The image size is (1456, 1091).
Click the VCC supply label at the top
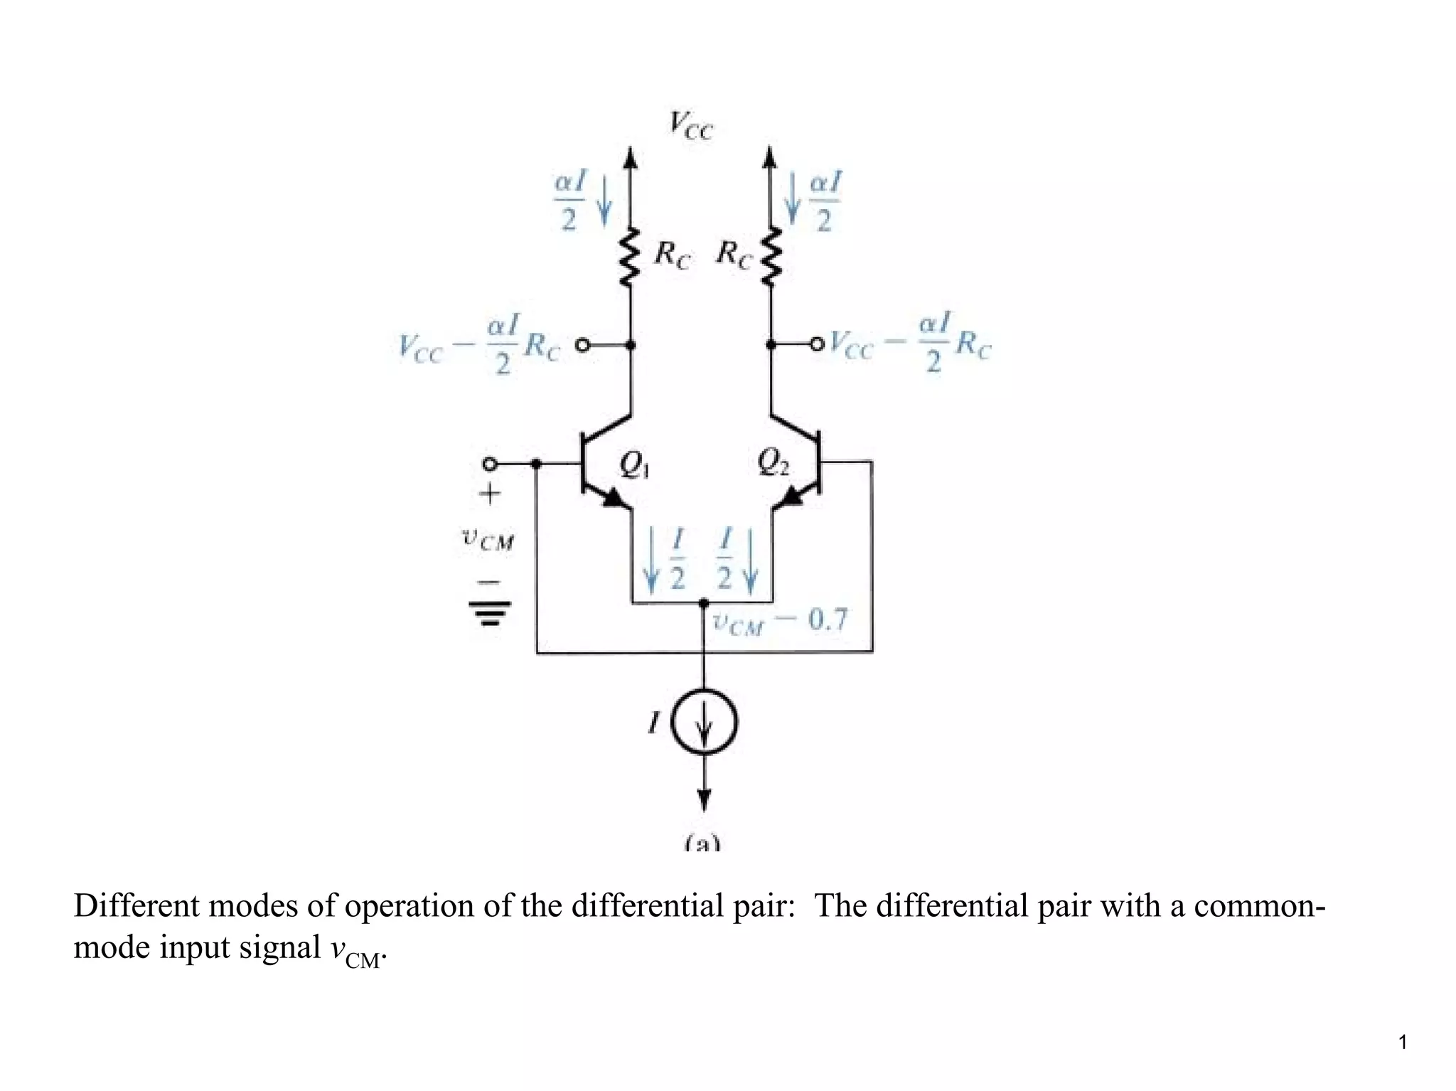click(x=690, y=126)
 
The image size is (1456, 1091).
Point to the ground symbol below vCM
click(x=489, y=612)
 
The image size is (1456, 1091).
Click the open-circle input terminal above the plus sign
click(x=489, y=464)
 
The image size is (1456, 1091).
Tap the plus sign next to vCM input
click(x=489, y=494)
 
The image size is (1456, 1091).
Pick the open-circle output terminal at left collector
click(x=582, y=346)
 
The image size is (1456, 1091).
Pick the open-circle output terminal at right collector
click(x=818, y=345)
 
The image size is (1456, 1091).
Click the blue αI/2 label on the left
click(x=569, y=201)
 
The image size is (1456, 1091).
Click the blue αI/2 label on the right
click(x=825, y=201)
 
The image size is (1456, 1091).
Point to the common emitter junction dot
click(x=703, y=603)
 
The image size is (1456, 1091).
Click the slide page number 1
click(x=1402, y=1043)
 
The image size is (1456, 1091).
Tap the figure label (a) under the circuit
click(x=702, y=844)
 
